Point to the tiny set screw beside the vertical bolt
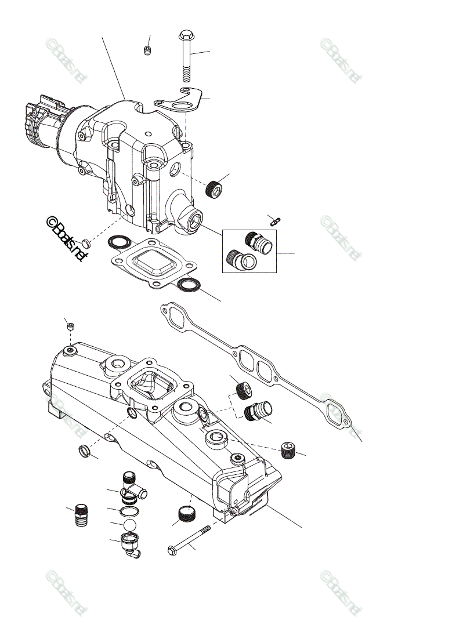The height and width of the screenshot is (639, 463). [147, 51]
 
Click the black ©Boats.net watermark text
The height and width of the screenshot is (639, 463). [66, 239]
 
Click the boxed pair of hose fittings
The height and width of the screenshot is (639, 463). [250, 250]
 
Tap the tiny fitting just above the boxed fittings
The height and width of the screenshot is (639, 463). [276, 220]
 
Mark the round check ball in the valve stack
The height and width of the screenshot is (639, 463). [129, 525]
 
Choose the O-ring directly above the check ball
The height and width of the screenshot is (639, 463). [129, 512]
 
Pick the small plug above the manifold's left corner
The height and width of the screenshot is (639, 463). [70, 326]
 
